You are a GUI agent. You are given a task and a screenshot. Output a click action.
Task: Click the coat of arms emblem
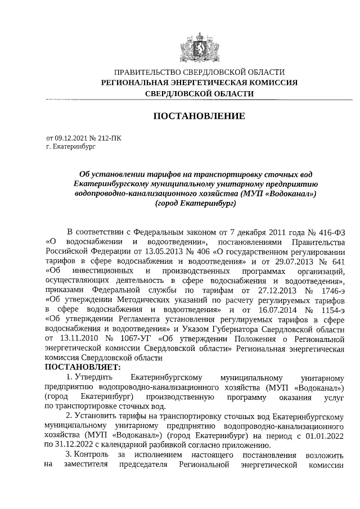point(199,48)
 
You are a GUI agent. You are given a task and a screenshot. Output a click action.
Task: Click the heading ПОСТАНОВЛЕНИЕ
point(199,116)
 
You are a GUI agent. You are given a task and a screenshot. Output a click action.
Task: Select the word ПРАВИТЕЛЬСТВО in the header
point(147,72)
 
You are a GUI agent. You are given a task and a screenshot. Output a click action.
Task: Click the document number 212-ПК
point(109,137)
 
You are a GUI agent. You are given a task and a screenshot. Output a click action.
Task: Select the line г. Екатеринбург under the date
point(71,146)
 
